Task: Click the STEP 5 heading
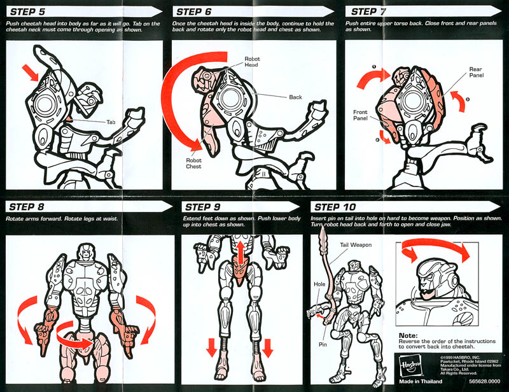click(x=27, y=12)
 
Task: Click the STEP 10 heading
click(x=335, y=207)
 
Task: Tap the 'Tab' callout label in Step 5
click(x=111, y=122)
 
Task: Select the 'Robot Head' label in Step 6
click(x=252, y=62)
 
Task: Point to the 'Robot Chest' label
click(x=193, y=164)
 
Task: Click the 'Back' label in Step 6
click(x=295, y=97)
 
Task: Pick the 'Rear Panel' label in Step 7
click(x=476, y=72)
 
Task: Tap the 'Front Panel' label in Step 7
click(x=360, y=115)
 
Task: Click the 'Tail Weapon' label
click(x=356, y=245)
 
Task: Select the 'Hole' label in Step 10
click(x=319, y=284)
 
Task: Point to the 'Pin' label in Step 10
click(x=323, y=344)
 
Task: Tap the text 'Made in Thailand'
click(x=421, y=381)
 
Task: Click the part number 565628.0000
click(x=485, y=381)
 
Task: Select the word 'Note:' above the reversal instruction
click(x=408, y=335)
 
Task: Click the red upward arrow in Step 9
click(x=241, y=253)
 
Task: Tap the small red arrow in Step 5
click(x=30, y=73)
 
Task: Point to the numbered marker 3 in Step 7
click(x=468, y=99)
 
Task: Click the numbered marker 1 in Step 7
click(x=374, y=67)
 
